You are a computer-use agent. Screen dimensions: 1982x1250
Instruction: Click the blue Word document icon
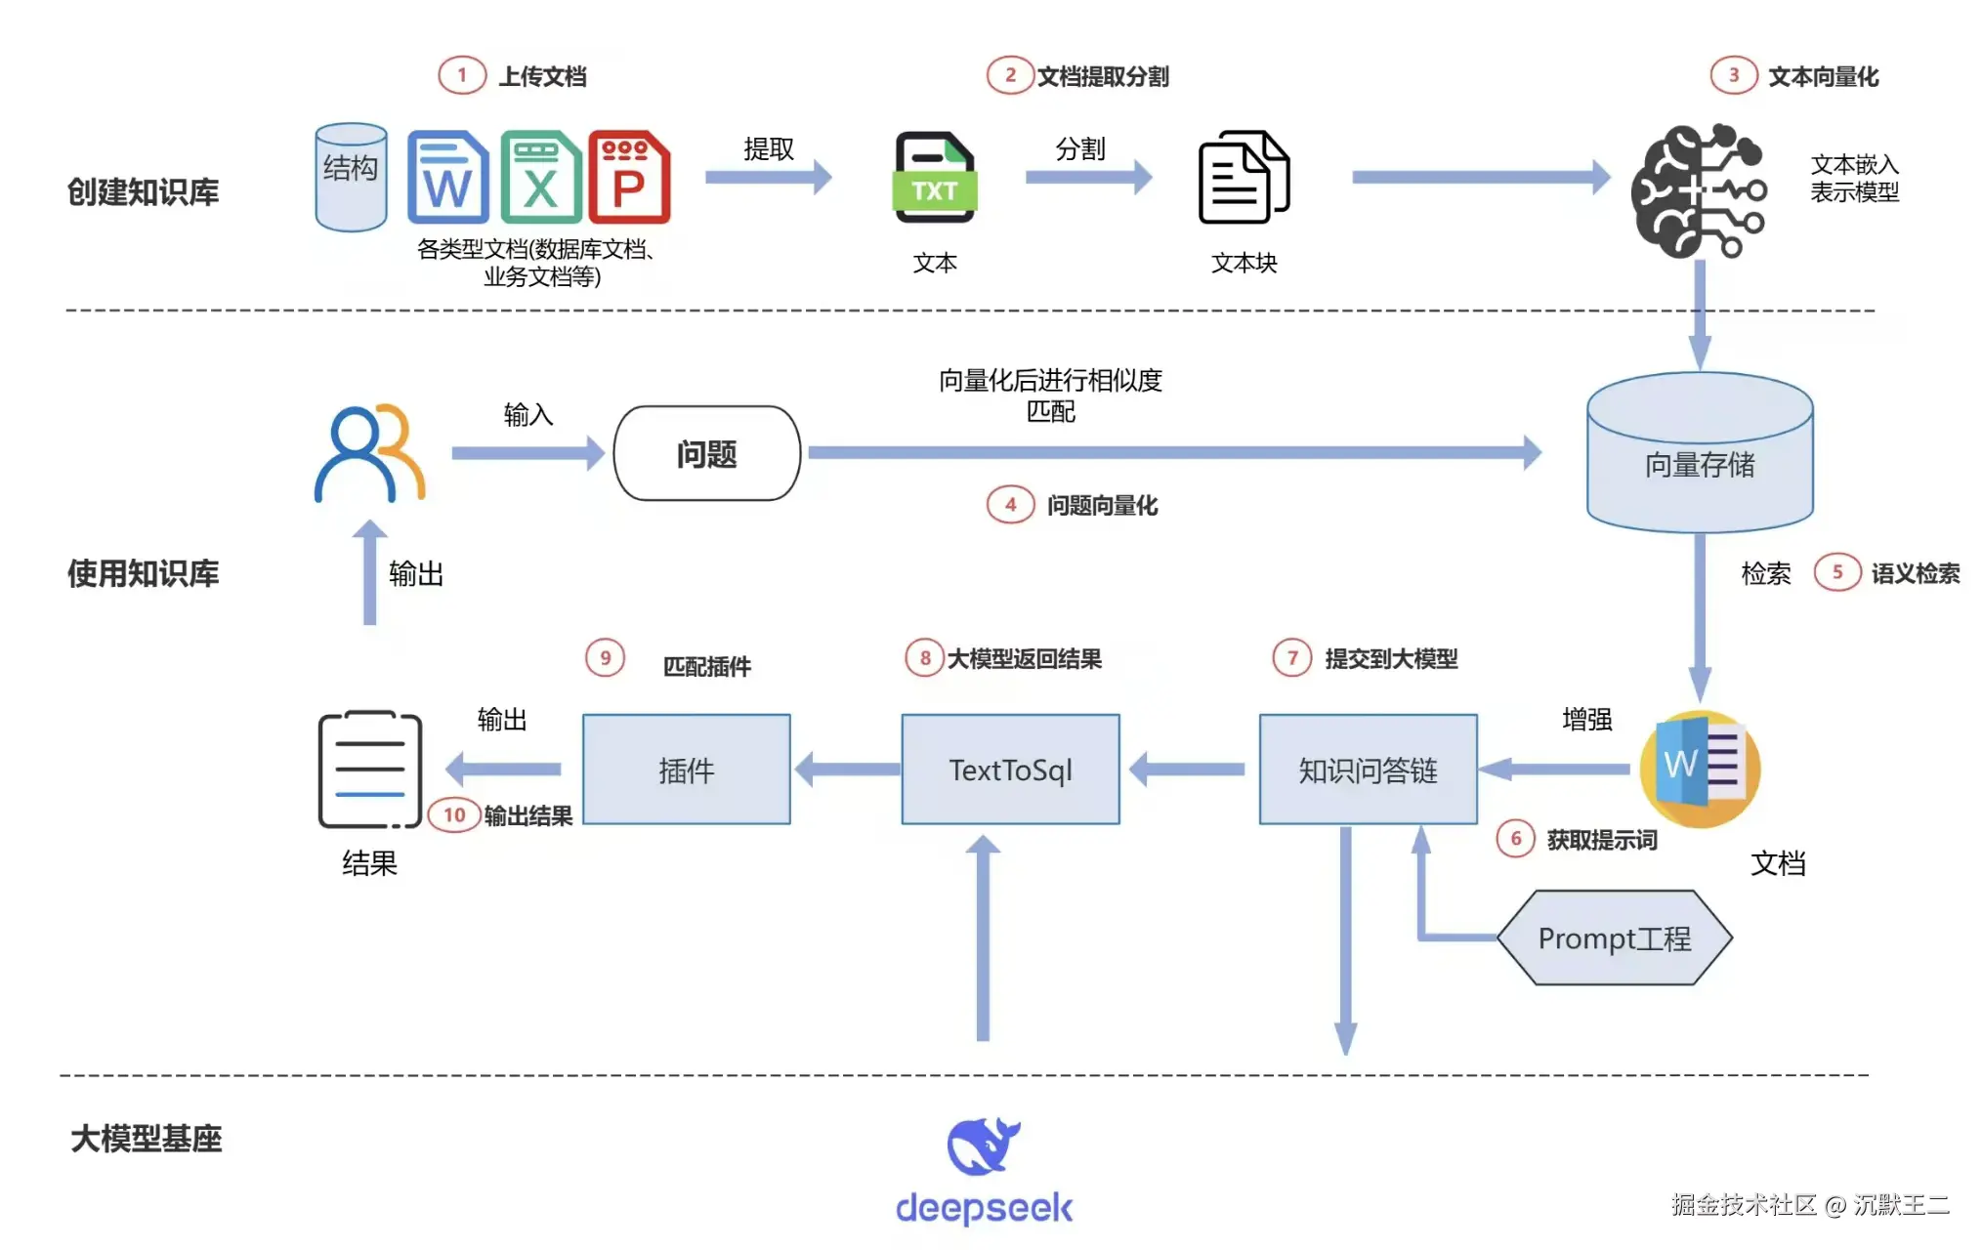[447, 178]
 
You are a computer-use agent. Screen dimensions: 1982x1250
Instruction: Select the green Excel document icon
[540, 178]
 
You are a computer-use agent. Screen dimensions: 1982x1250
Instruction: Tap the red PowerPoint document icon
[629, 178]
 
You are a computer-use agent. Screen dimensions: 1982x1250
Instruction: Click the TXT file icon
[935, 177]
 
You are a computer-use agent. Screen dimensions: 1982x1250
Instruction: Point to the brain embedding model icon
[1699, 191]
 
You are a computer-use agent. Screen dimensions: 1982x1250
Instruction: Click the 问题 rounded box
[706, 453]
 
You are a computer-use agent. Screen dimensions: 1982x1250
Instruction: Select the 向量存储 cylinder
[1700, 452]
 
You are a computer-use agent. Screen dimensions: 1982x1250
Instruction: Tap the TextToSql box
[1010, 770]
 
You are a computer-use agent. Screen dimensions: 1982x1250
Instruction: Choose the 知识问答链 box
[1368, 770]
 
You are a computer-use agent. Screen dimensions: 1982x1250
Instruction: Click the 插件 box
[687, 770]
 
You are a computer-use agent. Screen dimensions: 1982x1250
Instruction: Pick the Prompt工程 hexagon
[1615, 937]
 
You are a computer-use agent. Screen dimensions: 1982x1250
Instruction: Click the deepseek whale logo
[984, 1146]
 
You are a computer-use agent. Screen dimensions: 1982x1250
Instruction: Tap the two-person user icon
[369, 452]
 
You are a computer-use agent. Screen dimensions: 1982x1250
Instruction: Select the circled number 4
[1010, 505]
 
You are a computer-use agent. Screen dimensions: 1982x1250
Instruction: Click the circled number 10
[454, 814]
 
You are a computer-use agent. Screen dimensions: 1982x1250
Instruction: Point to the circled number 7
[1292, 657]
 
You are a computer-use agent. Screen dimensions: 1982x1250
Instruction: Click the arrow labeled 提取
[769, 177]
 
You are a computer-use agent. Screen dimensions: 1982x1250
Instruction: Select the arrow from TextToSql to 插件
[848, 770]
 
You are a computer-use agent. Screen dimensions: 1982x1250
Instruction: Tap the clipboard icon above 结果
[370, 770]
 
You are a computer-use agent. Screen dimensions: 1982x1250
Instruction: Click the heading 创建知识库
[144, 192]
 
